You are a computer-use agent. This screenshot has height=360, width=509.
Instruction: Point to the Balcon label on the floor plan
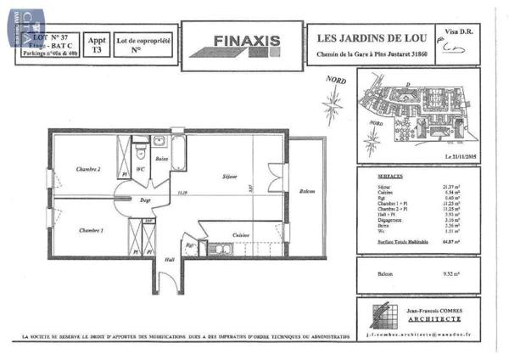[x=308, y=192]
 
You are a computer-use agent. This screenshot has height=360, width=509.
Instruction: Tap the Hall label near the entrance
[x=169, y=260]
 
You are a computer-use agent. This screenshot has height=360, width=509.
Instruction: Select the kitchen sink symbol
[x=224, y=250]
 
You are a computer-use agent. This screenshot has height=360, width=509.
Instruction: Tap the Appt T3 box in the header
[x=98, y=44]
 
